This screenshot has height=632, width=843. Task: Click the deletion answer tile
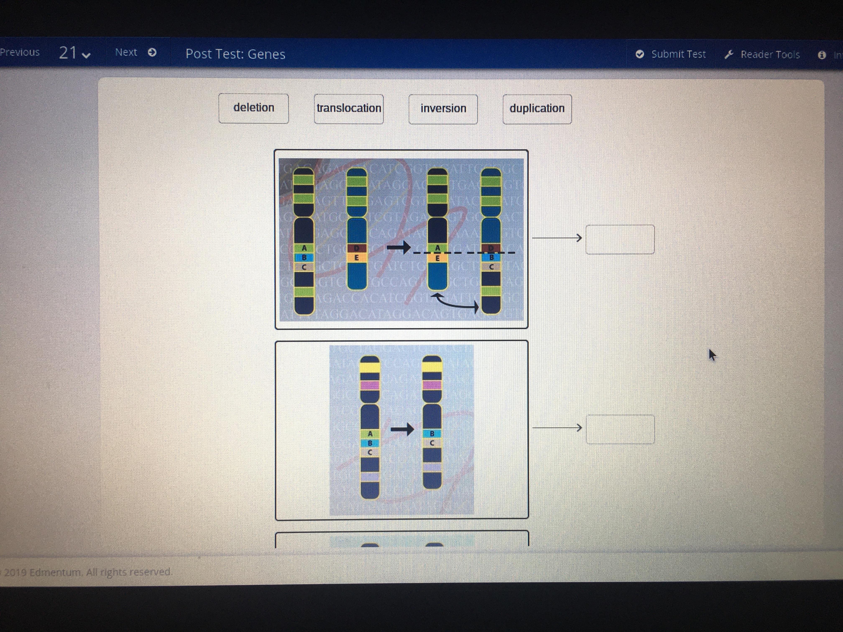click(253, 108)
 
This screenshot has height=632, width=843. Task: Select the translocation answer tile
click(349, 108)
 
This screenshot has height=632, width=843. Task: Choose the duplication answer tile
click(537, 109)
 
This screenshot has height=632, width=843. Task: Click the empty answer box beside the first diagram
click(620, 239)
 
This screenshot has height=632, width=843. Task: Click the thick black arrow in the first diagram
click(398, 248)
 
